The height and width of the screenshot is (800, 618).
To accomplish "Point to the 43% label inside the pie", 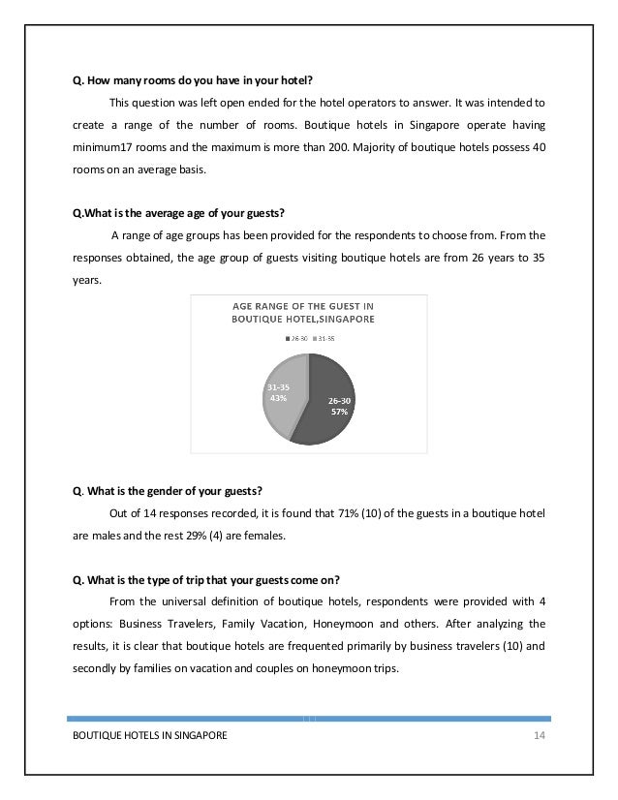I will (277, 397).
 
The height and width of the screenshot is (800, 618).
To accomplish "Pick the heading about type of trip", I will (206, 580).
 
